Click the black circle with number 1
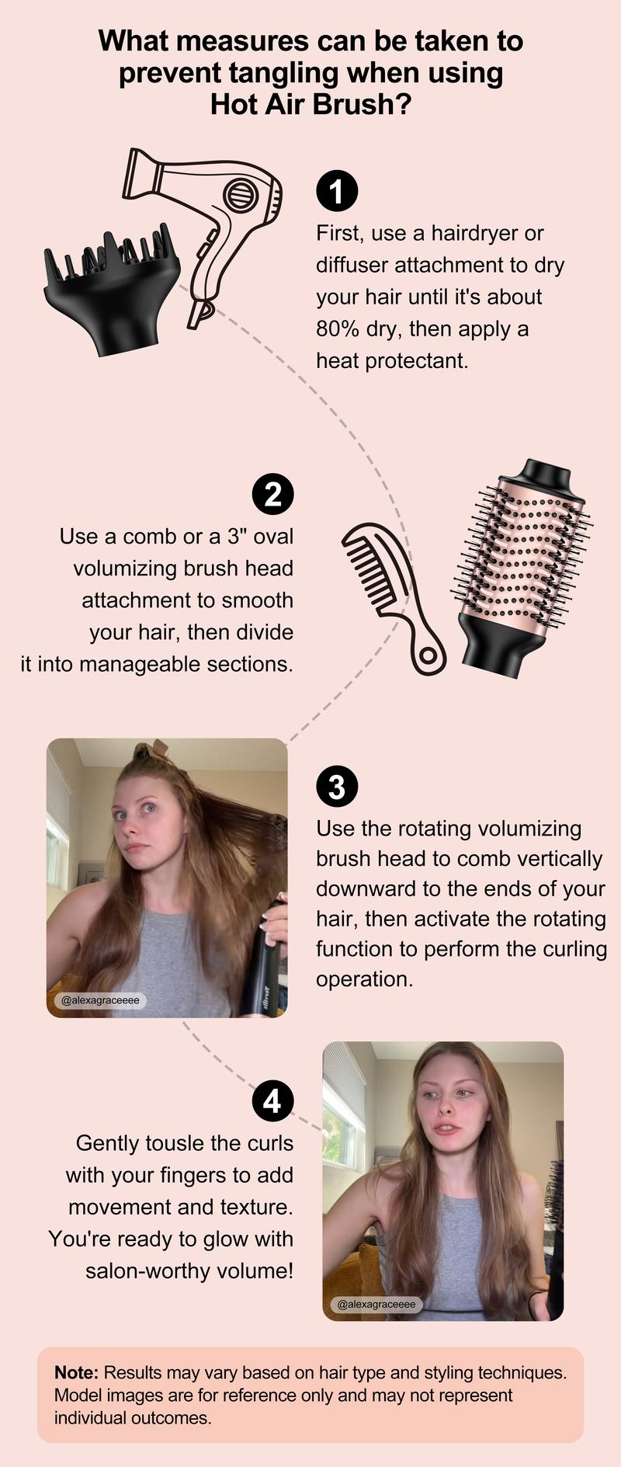point(337,191)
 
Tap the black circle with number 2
point(272,494)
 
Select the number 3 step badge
point(337,787)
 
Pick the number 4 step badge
point(272,1101)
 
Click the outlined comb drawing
point(388,590)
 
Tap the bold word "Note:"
point(76,1372)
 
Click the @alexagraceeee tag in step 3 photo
point(100,1000)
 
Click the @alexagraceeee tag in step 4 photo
point(376,1304)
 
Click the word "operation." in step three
point(364,979)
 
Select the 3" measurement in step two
point(236,536)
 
